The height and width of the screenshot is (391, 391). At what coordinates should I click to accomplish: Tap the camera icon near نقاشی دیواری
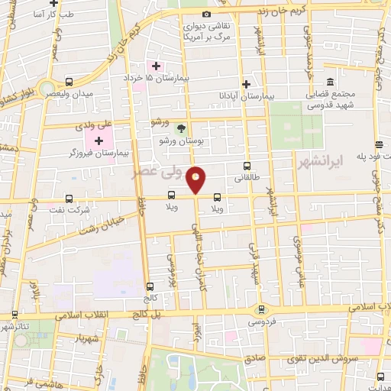tap(206, 15)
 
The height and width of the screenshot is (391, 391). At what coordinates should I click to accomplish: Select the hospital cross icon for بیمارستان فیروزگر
tap(99, 141)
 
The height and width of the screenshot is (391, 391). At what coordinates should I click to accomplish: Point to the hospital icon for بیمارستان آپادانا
tap(246, 84)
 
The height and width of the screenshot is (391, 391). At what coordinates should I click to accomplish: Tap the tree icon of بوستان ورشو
tap(181, 128)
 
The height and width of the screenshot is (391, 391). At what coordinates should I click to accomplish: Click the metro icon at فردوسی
tap(263, 309)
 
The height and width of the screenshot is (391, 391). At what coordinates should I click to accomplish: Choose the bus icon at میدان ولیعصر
tap(69, 82)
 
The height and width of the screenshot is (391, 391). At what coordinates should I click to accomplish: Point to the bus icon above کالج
tap(149, 287)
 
